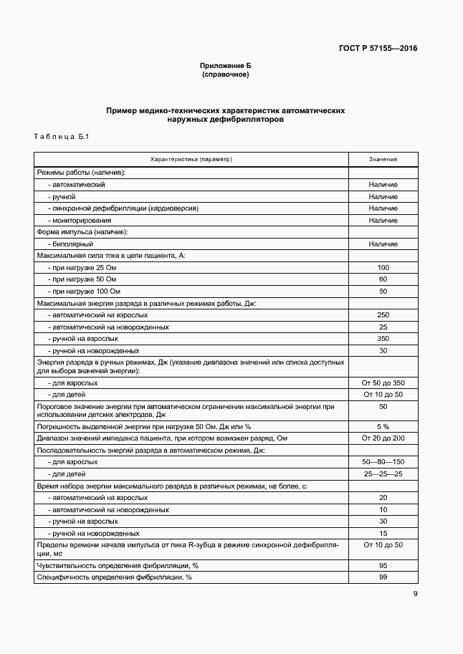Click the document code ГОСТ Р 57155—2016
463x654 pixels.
pos(378,49)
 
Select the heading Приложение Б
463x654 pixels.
pos(225,65)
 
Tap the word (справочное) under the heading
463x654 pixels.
pos(225,74)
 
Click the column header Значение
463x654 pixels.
pos(383,159)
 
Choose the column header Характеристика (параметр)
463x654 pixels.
pos(191,159)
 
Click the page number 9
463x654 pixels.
pos(415,593)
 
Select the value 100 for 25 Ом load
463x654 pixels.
pos(383,267)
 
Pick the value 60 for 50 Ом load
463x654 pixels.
pos(383,279)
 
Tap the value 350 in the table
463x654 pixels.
pos(383,338)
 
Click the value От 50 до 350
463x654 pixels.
pos(383,383)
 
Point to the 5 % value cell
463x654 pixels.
pos(383,425)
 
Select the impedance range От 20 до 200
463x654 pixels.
pos(383,438)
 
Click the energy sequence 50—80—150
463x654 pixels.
pos(383,462)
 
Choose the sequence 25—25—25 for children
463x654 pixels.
pos(383,473)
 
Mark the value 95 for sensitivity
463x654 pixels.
pos(383,565)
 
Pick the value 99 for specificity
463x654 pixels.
pos(383,577)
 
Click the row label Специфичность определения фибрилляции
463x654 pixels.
pos(114,577)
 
